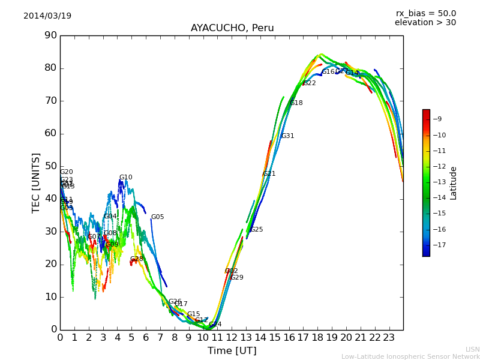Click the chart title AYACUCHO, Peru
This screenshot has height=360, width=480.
tap(232, 28)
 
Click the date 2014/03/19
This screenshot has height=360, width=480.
tap(47, 16)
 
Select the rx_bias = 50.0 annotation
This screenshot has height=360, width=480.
tap(425, 14)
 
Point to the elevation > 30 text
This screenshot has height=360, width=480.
tap(425, 23)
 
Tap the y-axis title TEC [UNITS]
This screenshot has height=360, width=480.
tap(36, 182)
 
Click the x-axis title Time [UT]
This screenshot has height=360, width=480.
tap(232, 350)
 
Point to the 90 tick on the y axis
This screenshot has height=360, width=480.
tap(50, 35)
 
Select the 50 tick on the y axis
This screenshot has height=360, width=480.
tap(50, 166)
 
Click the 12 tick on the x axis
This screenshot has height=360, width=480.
tap(232, 337)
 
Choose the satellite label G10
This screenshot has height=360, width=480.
tap(125, 178)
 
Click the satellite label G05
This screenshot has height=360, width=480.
tap(157, 217)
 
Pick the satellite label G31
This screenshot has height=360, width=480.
tap(287, 136)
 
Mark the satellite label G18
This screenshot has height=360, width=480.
tap(296, 103)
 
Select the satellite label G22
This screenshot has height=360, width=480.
tap(309, 83)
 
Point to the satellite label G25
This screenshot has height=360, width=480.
tap(256, 230)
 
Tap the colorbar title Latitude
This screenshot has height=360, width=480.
tap(454, 183)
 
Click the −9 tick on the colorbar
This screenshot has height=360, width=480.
tap(437, 119)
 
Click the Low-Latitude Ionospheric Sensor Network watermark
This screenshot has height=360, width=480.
tap(410, 356)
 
